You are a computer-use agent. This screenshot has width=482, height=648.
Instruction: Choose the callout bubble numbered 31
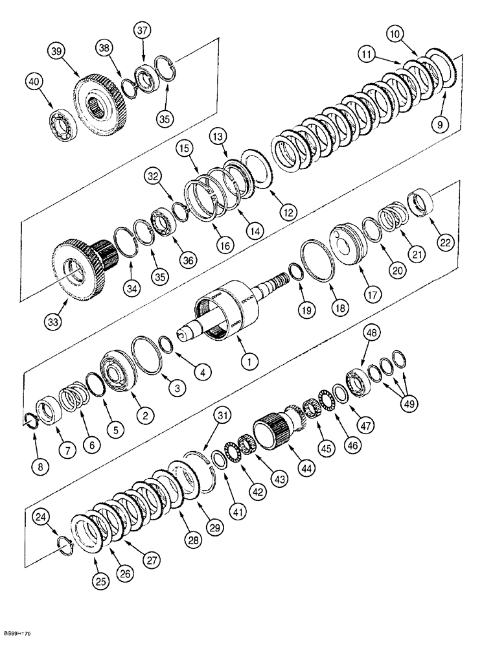coord(222,415)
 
